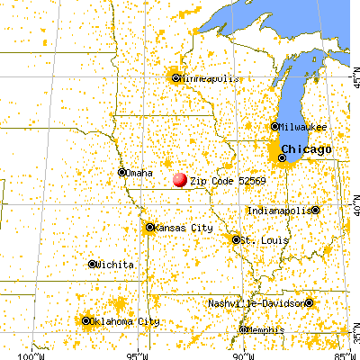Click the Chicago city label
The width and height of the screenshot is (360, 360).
pos(306,148)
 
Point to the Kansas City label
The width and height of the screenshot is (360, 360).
pos(184,229)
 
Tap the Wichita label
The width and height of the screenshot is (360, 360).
pos(116,265)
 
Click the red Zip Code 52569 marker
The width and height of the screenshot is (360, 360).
pos(180,180)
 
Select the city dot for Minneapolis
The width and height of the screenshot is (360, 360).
pos(175,77)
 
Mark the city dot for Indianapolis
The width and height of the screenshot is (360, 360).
pos(315,210)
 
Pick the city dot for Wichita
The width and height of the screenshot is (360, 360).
pos(92,265)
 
